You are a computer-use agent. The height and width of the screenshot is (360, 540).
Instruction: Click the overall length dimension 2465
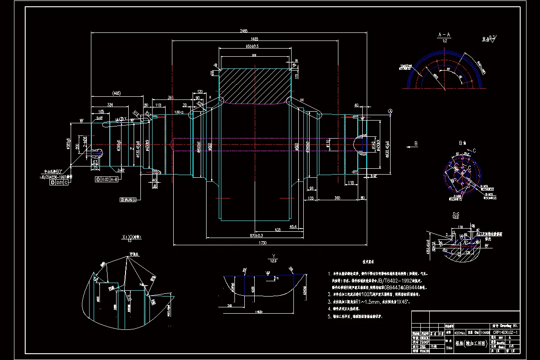pos(243,31)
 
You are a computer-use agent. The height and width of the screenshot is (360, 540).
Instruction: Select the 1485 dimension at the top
pos(254,39)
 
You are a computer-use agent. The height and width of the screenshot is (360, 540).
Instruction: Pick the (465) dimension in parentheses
pos(116,94)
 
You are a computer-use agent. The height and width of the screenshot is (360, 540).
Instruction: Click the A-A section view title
pos(444,35)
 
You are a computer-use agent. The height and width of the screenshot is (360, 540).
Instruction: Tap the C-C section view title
pos(455,214)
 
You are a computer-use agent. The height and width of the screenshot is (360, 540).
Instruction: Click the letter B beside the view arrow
pos(416,144)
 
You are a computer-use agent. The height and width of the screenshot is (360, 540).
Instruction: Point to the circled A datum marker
pos(391,111)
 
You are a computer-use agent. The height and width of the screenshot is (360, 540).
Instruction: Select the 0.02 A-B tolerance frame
pos(107,180)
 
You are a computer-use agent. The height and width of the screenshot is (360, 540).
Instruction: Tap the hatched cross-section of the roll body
pos(254,85)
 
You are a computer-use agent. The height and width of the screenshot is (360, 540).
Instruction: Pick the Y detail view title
pos(273,257)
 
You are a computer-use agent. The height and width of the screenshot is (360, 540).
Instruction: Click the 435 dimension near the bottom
pos(278,229)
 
